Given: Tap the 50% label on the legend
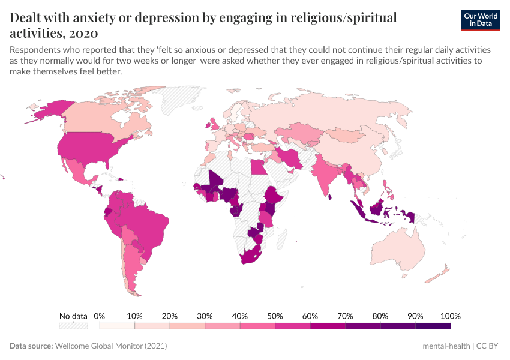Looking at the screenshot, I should point(275,316).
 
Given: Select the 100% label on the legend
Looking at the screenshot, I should point(450,316).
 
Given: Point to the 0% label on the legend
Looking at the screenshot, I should point(100,316).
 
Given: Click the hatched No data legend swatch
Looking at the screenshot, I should point(73,326).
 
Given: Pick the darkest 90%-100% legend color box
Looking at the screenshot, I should point(433,326).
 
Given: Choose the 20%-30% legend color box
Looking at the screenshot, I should point(187,326).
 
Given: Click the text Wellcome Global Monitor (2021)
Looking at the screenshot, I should point(110,346).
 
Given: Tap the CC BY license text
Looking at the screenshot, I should point(488,346).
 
